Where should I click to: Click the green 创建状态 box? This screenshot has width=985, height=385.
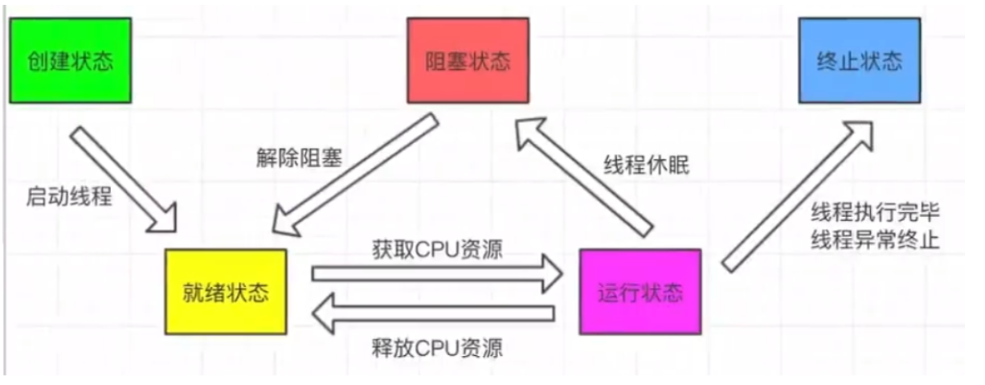point(71,62)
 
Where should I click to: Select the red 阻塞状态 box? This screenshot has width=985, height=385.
point(468,62)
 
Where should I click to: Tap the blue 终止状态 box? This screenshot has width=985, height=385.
point(859,62)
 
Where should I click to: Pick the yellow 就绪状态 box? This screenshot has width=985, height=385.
point(226,291)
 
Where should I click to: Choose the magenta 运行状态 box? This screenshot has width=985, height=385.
point(640,291)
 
